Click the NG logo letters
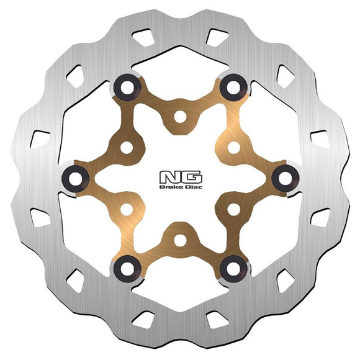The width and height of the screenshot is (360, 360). point(179,176)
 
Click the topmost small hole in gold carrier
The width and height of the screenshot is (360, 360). point(180,116)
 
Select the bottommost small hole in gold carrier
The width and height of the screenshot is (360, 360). point(180,239)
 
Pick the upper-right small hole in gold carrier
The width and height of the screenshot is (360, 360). point(233,147)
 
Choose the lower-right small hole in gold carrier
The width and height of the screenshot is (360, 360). point(233,209)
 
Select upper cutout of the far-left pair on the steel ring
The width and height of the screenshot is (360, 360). point(39,138)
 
